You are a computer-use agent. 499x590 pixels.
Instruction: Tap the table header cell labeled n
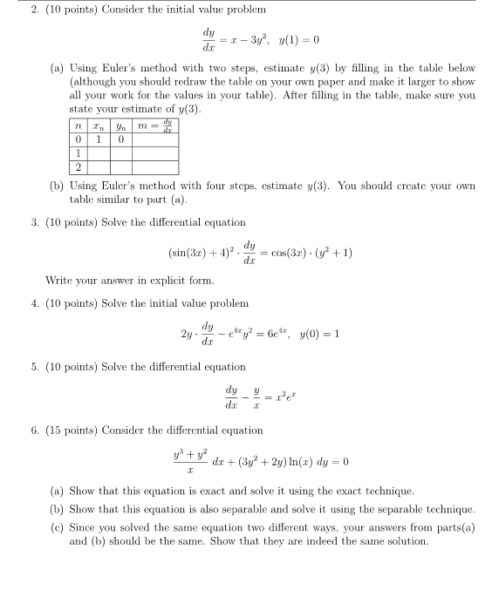[78, 125]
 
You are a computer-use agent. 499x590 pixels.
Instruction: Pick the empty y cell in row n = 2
[121, 166]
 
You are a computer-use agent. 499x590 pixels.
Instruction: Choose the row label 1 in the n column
[78, 153]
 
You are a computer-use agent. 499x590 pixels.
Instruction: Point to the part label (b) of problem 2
[58, 185]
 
